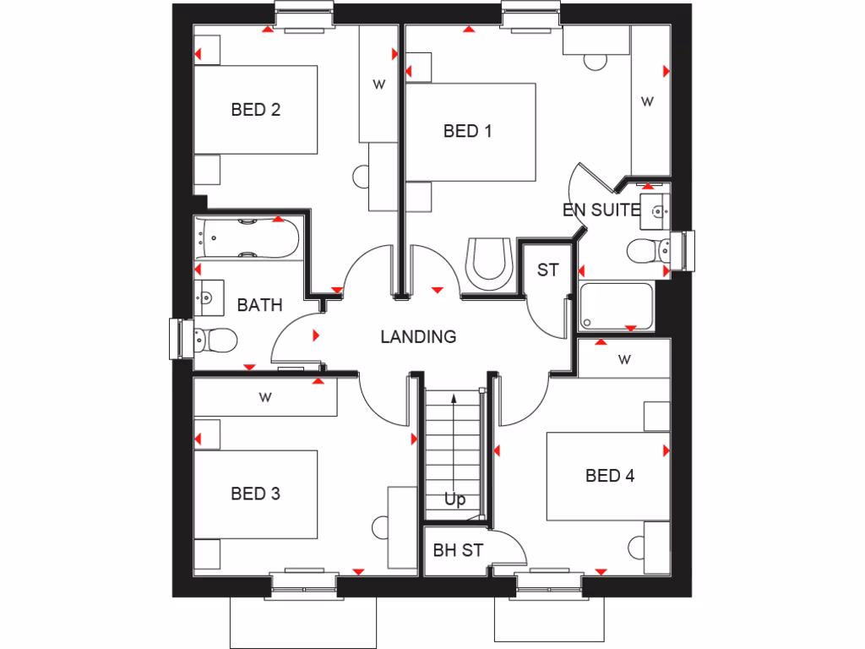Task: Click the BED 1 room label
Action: [467, 131]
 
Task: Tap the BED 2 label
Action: [255, 109]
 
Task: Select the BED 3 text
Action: [255, 494]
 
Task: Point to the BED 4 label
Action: [610, 476]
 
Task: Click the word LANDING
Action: [418, 337]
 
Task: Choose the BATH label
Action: [259, 305]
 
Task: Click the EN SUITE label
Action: [601, 210]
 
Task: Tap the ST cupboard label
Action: [547, 270]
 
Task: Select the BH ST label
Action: [458, 550]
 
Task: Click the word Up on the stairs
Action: [454, 499]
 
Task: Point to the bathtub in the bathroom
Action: [246, 237]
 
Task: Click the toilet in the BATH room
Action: [215, 341]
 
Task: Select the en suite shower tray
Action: [616, 307]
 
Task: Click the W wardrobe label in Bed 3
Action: [265, 395]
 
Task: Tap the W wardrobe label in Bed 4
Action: [624, 360]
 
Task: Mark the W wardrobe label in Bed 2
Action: [378, 84]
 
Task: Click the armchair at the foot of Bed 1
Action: [489, 261]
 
